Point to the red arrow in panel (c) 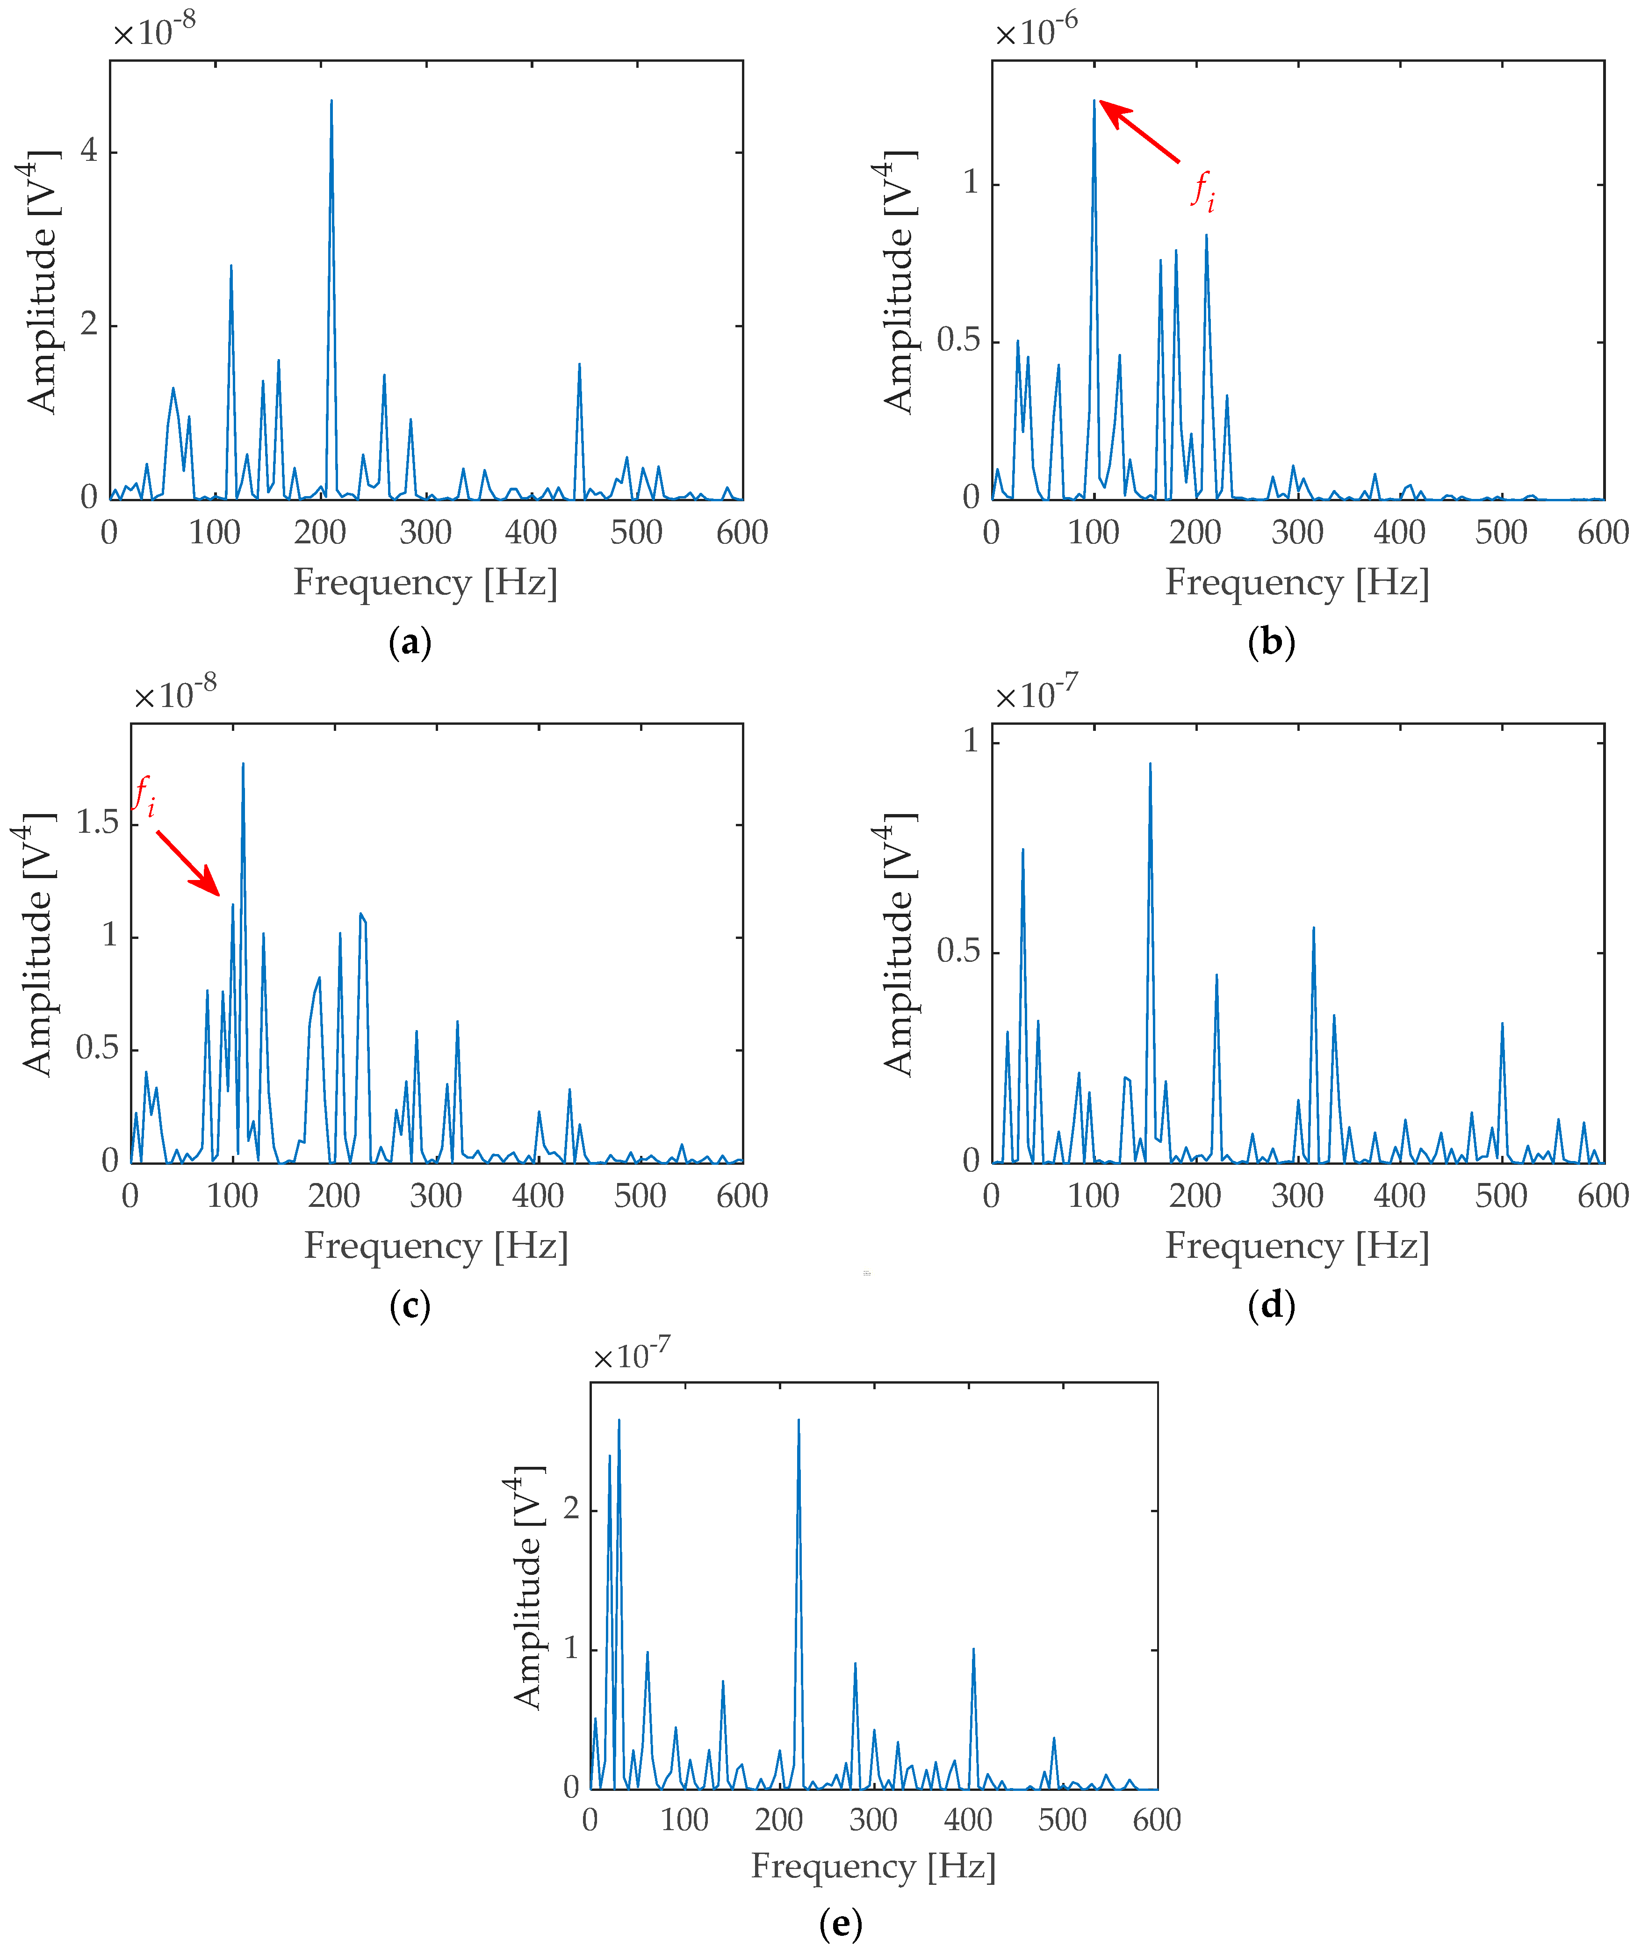(x=188, y=862)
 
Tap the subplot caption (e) (x=841, y=1922)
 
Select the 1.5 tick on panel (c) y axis (x=97, y=823)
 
